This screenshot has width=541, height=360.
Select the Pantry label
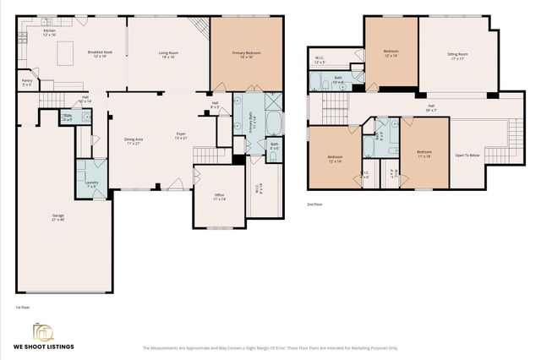[27, 83]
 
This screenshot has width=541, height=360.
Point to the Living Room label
[167, 54]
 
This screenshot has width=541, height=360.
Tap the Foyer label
[181, 134]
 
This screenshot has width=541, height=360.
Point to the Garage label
[57, 217]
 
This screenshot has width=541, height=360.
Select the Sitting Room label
[457, 56]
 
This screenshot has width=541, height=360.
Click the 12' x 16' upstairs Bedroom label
[391, 53]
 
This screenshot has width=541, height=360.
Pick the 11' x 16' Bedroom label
[424, 155]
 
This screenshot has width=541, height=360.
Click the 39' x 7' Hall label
[430, 107]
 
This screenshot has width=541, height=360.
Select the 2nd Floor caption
[315, 205]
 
